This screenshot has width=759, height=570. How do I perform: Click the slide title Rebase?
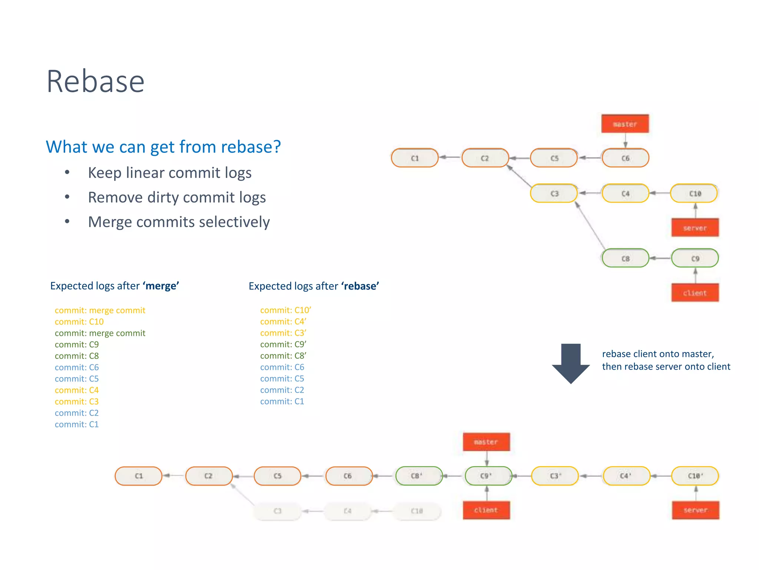pos(95,81)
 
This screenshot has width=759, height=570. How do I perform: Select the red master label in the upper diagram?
pos(625,124)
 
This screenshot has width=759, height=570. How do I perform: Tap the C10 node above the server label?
pos(695,193)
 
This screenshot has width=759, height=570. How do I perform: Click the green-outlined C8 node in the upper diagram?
pos(625,258)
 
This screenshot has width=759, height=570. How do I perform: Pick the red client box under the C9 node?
pos(695,293)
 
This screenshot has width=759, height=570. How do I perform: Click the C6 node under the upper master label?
pos(625,158)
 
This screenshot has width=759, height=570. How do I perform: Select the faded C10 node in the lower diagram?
pos(417,511)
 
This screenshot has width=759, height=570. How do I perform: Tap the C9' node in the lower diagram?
pos(486,476)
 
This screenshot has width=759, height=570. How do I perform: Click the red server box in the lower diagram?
pos(695,510)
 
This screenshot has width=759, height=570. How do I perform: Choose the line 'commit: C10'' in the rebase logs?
pos(285,310)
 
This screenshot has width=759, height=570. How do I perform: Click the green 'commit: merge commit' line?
pos(100,333)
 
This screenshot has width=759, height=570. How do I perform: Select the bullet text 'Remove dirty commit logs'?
pos(177,197)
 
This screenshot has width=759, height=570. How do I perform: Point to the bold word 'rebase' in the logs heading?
pos(360,286)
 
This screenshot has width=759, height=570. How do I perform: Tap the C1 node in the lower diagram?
pos(139,476)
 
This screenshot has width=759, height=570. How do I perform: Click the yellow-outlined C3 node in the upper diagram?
pos(554,193)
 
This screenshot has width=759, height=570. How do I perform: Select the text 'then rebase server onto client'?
pos(666,366)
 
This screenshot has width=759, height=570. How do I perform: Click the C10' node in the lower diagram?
pos(695,476)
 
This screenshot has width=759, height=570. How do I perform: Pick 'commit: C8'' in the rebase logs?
pos(283,356)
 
